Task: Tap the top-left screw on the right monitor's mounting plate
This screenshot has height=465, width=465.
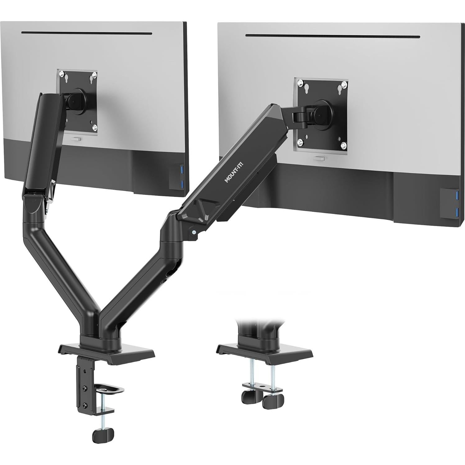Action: tap(300, 84)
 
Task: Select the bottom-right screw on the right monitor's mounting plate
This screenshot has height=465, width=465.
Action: tap(343, 145)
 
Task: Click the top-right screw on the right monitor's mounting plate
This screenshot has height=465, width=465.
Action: tap(344, 84)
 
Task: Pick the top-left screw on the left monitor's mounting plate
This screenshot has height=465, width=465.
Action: tap(62, 74)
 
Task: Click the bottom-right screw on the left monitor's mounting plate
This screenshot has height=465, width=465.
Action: tap(95, 127)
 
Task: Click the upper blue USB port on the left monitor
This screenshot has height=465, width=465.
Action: tap(183, 170)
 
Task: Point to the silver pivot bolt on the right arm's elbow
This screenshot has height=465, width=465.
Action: tap(194, 232)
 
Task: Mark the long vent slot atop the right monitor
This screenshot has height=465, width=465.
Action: tap(332, 36)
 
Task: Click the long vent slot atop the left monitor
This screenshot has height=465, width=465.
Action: tap(87, 33)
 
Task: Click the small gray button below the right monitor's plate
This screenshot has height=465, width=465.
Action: tap(320, 159)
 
